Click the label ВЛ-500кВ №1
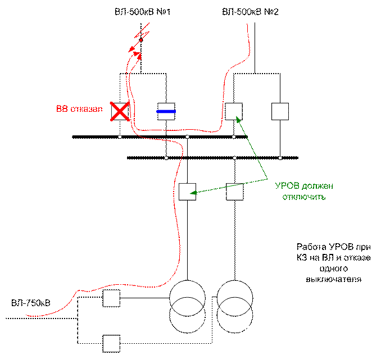142,11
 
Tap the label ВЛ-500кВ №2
250,11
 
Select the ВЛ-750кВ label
31,303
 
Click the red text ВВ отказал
79,109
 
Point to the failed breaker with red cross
120,111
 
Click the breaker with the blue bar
166,111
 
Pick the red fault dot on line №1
141,40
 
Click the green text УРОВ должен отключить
304,191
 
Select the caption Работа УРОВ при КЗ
334,263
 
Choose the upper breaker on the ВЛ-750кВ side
111,298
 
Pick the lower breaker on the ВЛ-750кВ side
111,344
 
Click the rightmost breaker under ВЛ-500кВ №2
280,111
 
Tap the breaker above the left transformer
187,192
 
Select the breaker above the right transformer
235,192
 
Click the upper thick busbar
160,137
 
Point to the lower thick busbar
212,158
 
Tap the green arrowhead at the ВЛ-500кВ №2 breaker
239,119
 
